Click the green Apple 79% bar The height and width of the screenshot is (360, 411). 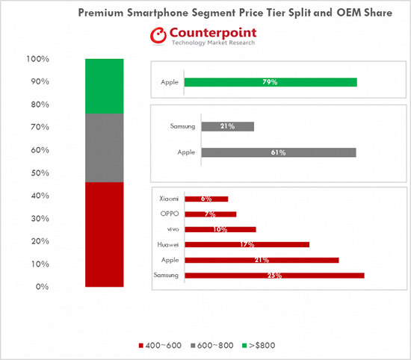[271, 81]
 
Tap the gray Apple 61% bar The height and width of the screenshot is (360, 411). [271, 152]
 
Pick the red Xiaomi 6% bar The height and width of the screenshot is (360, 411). [205, 199]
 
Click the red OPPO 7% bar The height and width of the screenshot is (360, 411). [210, 214]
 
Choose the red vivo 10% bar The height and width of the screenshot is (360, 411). [220, 229]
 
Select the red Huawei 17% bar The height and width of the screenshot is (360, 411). [247, 244]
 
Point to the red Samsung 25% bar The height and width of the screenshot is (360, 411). [274, 275]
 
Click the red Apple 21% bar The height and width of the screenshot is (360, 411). [262, 260]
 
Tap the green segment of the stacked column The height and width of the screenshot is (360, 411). [105, 85]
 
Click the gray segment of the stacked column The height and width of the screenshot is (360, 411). [105, 147]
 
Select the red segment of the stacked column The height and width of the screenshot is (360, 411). [105, 235]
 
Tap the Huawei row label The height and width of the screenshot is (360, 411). [167, 244]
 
